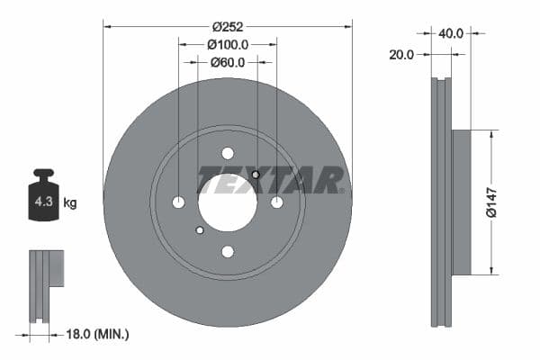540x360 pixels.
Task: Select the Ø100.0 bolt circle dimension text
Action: pyautogui.click(x=227, y=44)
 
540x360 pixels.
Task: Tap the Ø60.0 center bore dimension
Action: pyautogui.click(x=228, y=63)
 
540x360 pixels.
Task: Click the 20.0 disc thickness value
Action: pyautogui.click(x=402, y=54)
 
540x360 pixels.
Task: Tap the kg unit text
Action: pyautogui.click(x=70, y=203)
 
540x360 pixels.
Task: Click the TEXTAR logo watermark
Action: pyautogui.click(x=271, y=180)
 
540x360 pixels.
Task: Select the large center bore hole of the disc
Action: pyautogui.click(x=227, y=202)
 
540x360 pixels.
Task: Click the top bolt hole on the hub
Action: pyautogui.click(x=227, y=153)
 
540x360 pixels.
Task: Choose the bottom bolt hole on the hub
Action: pyautogui.click(x=227, y=251)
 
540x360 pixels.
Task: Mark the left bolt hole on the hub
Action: pyautogui.click(x=178, y=202)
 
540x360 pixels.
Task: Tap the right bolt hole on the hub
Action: pyautogui.click(x=276, y=202)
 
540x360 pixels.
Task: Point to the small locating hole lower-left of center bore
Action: pyautogui.click(x=200, y=230)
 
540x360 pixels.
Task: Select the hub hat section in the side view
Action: pyautogui.click(x=460, y=202)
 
